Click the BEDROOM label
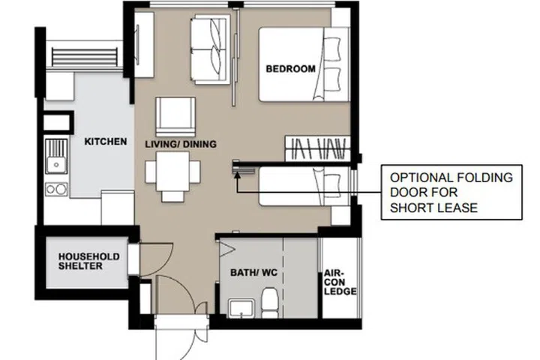pos(290,69)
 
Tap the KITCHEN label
pos(105,142)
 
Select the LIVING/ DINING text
pos(181,144)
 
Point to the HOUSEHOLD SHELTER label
pos(89,262)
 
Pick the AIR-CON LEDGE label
pos(340,283)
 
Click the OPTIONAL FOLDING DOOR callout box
pos(451,193)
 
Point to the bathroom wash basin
pos(239,308)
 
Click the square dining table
pos(172,172)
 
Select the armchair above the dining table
pos(175,115)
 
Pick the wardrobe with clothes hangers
pos(318,147)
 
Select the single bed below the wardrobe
pos(304,187)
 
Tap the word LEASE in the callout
pos(459,208)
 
